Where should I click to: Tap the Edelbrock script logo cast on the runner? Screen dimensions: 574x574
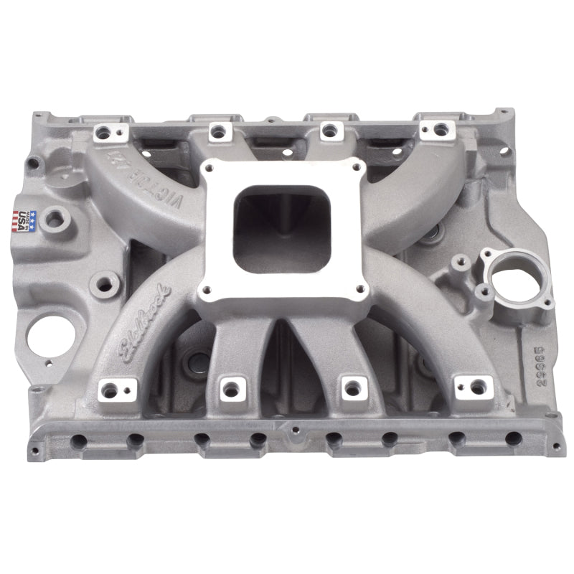[x=144, y=316]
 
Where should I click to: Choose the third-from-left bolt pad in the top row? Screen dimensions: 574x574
[x=329, y=131]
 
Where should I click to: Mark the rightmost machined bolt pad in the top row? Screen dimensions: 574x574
[x=438, y=130]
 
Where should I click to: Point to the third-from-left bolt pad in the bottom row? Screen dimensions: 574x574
[x=351, y=387]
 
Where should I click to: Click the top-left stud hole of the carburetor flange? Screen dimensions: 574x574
[x=212, y=168]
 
